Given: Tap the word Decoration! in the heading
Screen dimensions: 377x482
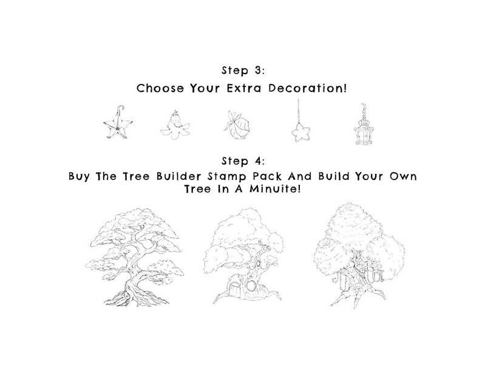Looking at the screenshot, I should pyautogui.click(x=313, y=88).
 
